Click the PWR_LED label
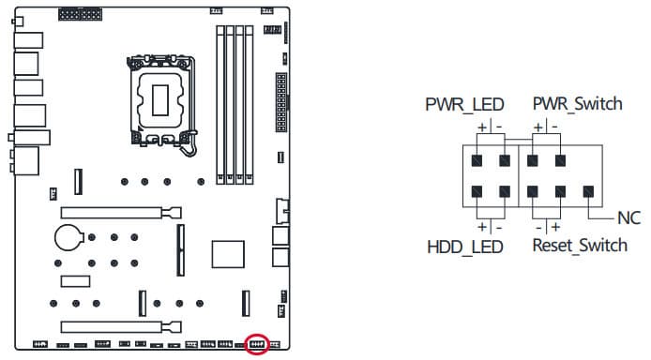point(464,104)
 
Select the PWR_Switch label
point(578,104)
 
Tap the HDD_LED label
point(465,247)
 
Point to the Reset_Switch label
point(580,245)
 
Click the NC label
point(629,218)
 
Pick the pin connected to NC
point(588,191)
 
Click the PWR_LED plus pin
point(477,160)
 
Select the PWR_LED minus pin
point(505,160)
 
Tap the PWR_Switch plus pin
point(533,160)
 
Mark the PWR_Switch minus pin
point(561,160)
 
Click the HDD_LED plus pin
point(477,191)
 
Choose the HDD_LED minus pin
point(505,191)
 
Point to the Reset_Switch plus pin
point(561,191)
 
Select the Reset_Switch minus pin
point(533,191)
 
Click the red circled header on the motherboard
point(257,344)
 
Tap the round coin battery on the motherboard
point(68,237)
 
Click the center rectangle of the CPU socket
point(160,100)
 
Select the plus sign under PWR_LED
point(482,127)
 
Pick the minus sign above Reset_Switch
point(538,228)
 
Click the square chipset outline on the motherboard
point(228,254)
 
